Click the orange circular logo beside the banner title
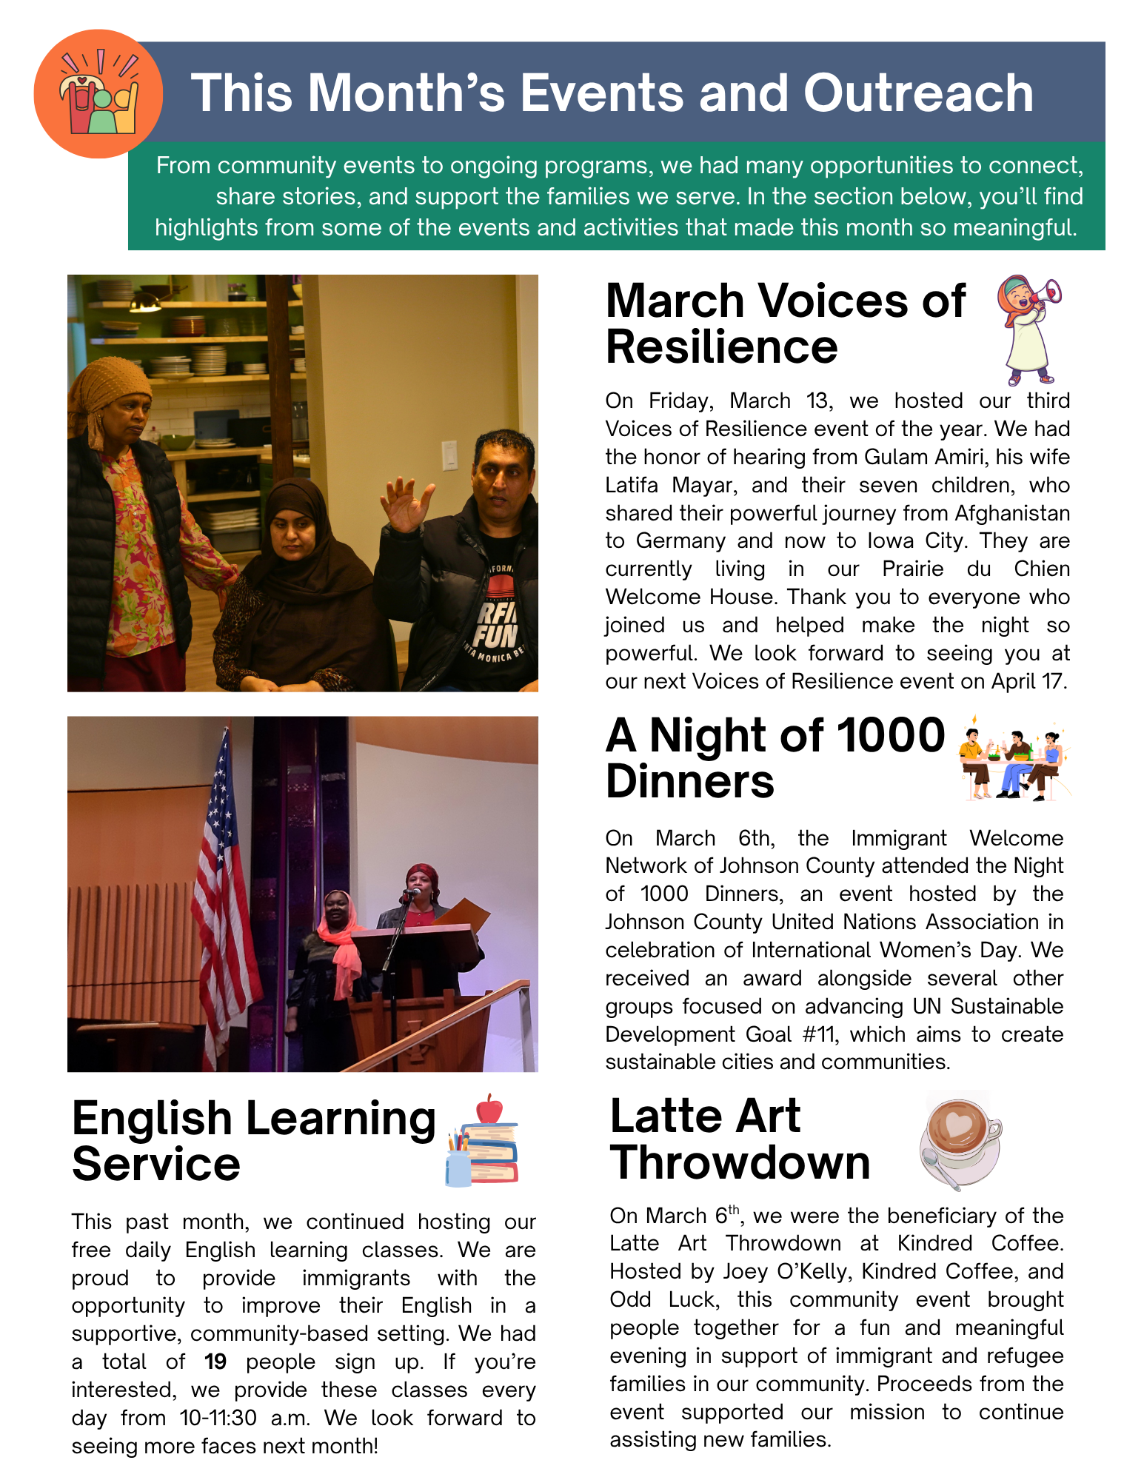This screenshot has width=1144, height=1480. point(98,94)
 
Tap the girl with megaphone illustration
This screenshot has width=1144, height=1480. point(1029,329)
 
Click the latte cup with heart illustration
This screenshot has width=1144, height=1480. point(960,1138)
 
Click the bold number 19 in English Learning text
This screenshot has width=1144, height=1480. point(215,1362)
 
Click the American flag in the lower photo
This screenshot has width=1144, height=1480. point(222,888)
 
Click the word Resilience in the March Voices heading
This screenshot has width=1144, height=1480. point(721,346)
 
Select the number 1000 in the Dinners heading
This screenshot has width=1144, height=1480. point(891,735)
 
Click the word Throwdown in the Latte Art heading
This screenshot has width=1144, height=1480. point(740,1162)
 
